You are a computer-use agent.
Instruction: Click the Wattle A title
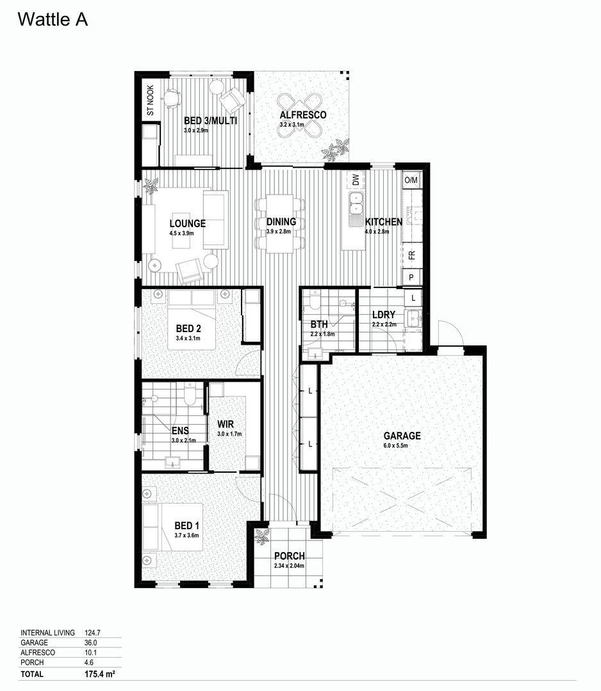[x=53, y=20]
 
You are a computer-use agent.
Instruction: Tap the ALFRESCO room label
[x=303, y=115]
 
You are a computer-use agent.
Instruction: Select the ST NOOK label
[x=151, y=100]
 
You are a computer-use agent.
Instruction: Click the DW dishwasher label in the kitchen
[x=356, y=180]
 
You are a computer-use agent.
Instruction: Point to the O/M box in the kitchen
[x=411, y=180]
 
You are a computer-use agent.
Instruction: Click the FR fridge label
[x=411, y=256]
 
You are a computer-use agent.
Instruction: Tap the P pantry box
[x=411, y=277]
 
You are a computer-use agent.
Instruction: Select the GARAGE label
[x=402, y=436]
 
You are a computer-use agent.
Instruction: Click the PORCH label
[x=290, y=556]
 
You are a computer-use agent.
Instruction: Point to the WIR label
[x=224, y=424]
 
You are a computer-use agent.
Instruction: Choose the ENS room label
[x=179, y=431]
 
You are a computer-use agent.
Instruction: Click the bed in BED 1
[x=173, y=527]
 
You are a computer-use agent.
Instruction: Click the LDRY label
[x=384, y=315]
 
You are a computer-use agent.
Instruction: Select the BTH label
[x=319, y=324]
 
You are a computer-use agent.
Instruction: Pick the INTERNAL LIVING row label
[x=48, y=633]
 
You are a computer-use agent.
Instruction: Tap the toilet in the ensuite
[x=190, y=395]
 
